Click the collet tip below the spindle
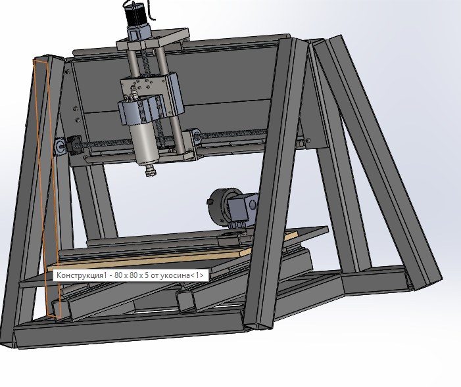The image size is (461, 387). tap(151, 170)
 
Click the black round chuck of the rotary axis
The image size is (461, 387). tap(221, 206)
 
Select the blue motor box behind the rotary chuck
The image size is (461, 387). tap(243, 208)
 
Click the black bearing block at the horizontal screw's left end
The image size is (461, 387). tap(75, 143)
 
